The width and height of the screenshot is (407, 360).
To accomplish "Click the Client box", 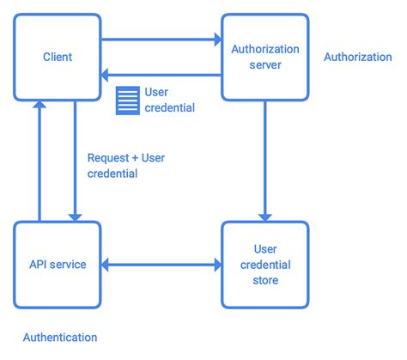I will [x=57, y=57].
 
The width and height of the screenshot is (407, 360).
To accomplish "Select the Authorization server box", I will [x=264, y=57].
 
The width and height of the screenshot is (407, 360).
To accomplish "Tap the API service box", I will [x=57, y=264].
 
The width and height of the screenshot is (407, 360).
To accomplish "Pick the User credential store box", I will [x=264, y=264].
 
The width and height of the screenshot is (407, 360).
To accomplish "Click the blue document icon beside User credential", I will [x=127, y=100].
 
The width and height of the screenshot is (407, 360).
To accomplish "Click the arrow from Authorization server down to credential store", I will [x=264, y=160].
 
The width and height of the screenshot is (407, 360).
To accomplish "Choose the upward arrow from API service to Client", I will [x=39, y=160].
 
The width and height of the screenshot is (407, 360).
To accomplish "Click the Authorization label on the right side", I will [x=357, y=57].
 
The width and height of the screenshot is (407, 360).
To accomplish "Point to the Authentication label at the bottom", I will [x=59, y=338].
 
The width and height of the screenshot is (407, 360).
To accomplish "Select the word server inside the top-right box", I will [x=264, y=65].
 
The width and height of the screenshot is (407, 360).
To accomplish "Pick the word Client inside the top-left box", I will [x=57, y=57].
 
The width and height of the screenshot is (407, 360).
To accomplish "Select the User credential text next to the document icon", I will [x=169, y=100].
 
